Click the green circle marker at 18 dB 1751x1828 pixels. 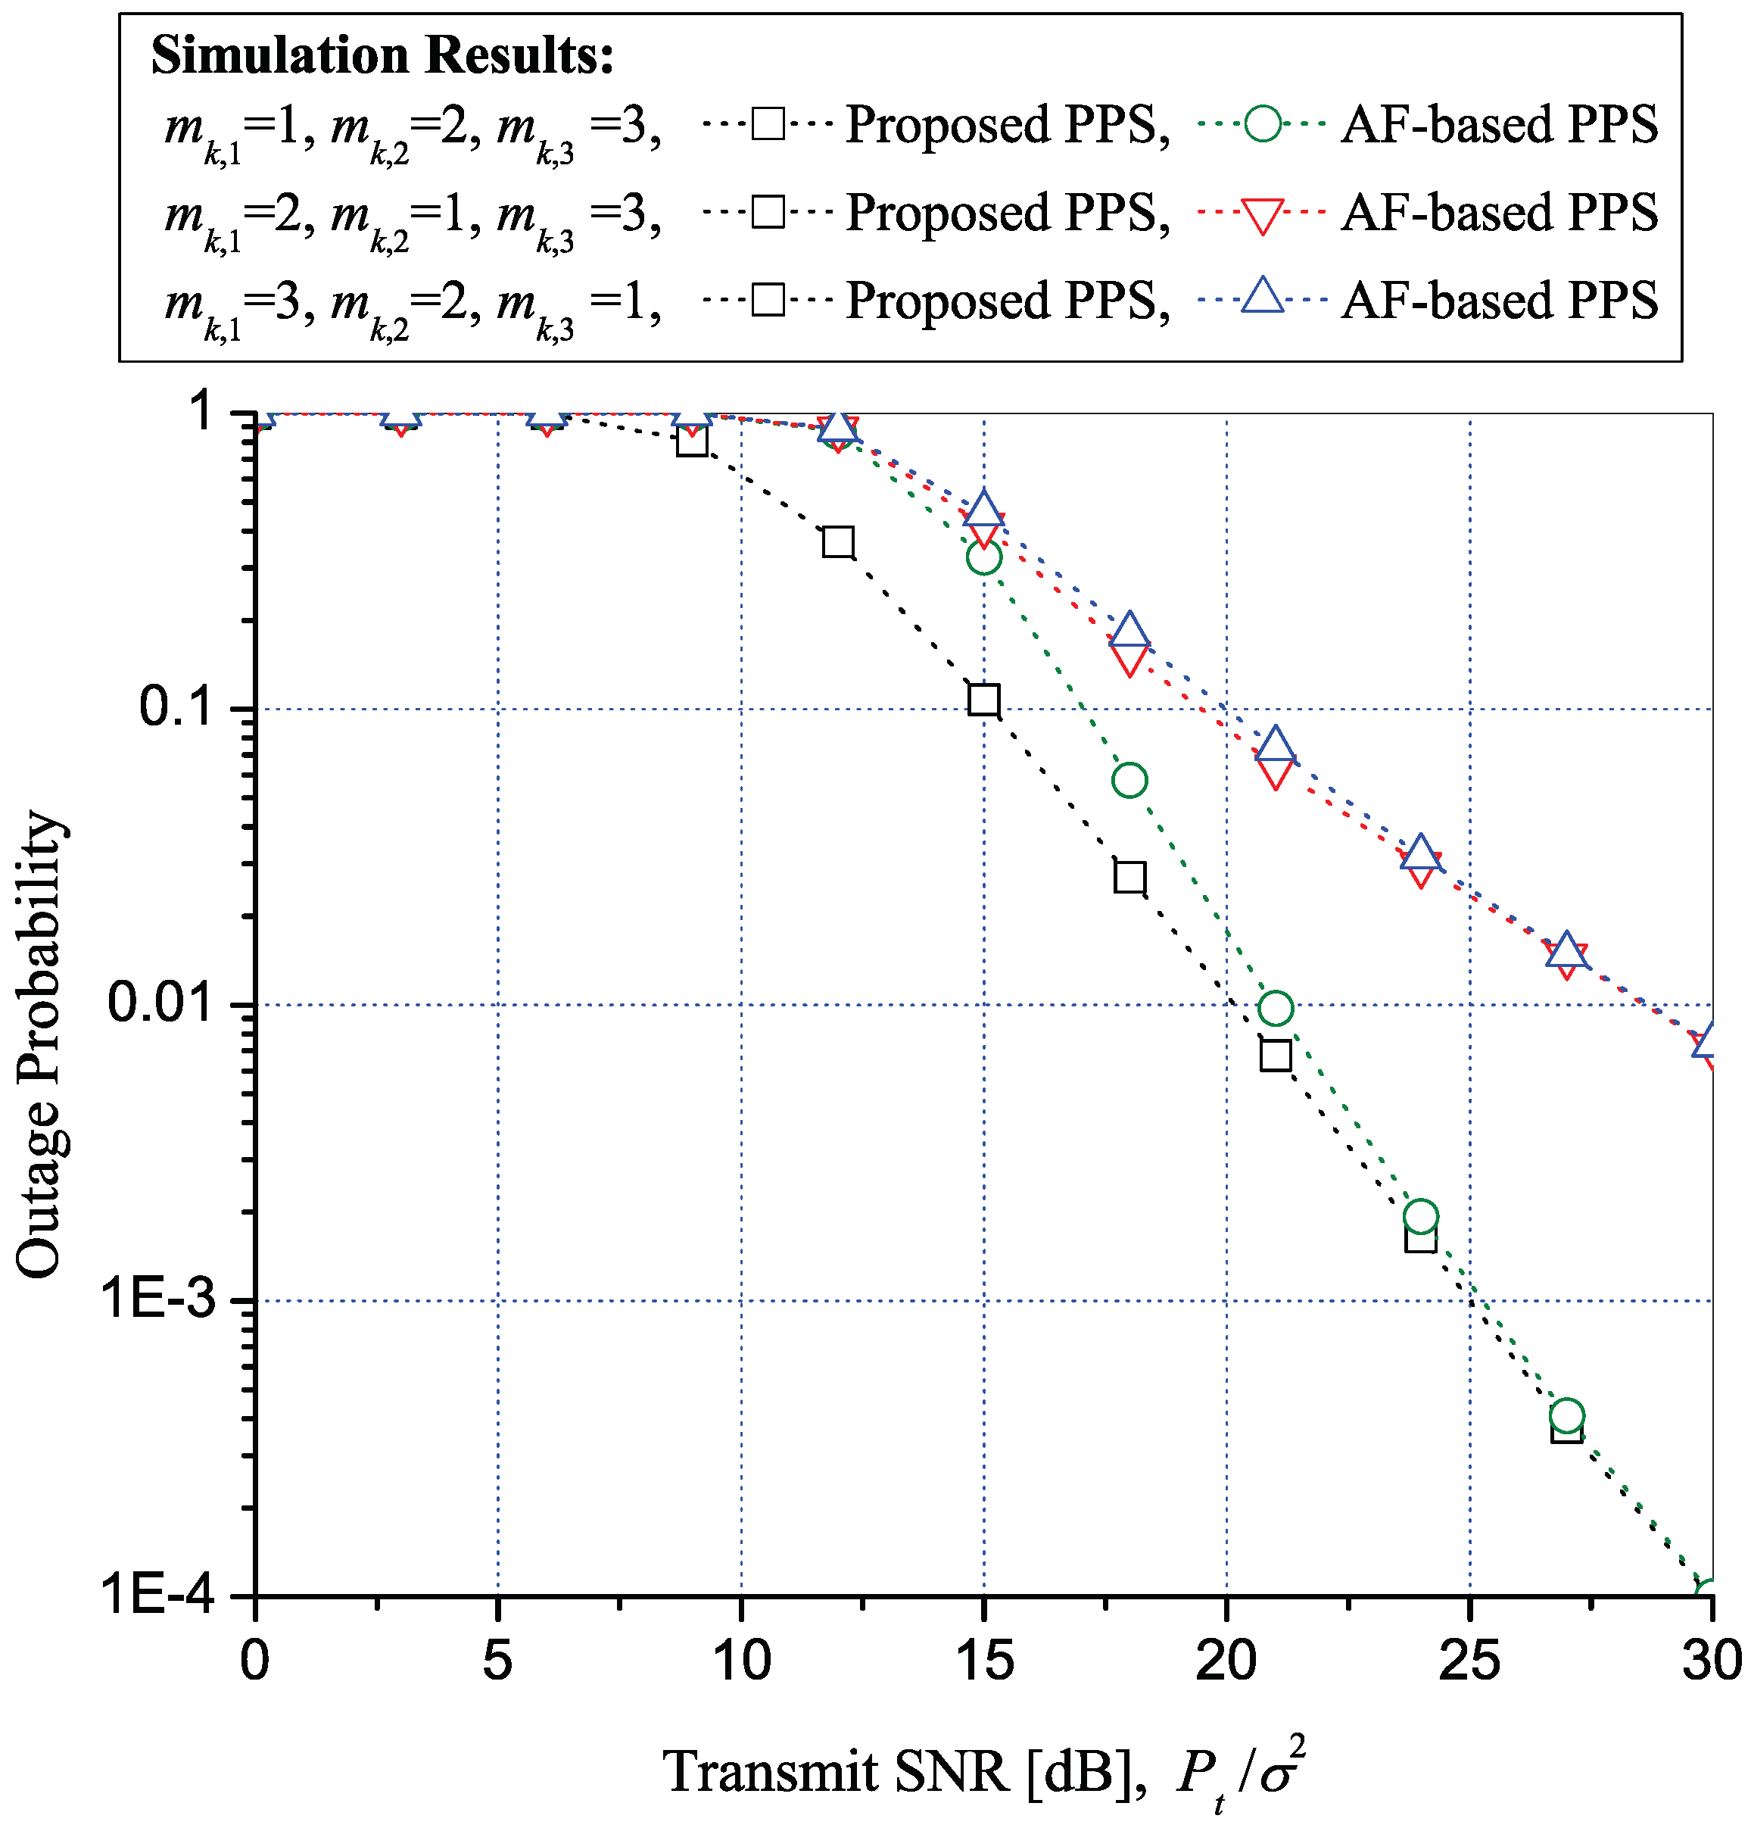pyautogui.click(x=1129, y=780)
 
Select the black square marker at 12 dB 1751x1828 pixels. pyautogui.click(x=838, y=542)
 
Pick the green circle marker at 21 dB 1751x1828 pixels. pyautogui.click(x=1275, y=1008)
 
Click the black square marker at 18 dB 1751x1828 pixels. pyautogui.click(x=1129, y=878)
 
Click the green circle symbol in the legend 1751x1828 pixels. pyautogui.click(x=1263, y=124)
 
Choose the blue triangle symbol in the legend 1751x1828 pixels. pyautogui.click(x=1263, y=297)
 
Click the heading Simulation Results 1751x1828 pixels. pyautogui.click(x=382, y=56)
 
